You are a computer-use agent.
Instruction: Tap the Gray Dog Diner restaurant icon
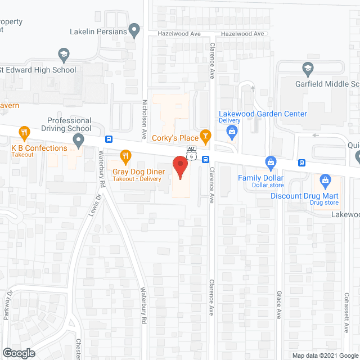click(x=126, y=155)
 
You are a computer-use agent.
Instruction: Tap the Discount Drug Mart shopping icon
click(x=325, y=181)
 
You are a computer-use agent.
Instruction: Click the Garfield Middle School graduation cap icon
click(x=308, y=70)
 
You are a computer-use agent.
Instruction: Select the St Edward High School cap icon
click(x=64, y=55)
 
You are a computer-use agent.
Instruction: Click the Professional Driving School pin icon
click(x=79, y=139)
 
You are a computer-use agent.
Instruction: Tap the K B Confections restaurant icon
click(x=24, y=134)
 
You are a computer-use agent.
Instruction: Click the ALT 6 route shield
click(x=192, y=153)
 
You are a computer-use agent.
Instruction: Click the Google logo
click(x=18, y=353)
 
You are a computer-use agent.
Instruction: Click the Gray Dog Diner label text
click(x=138, y=171)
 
